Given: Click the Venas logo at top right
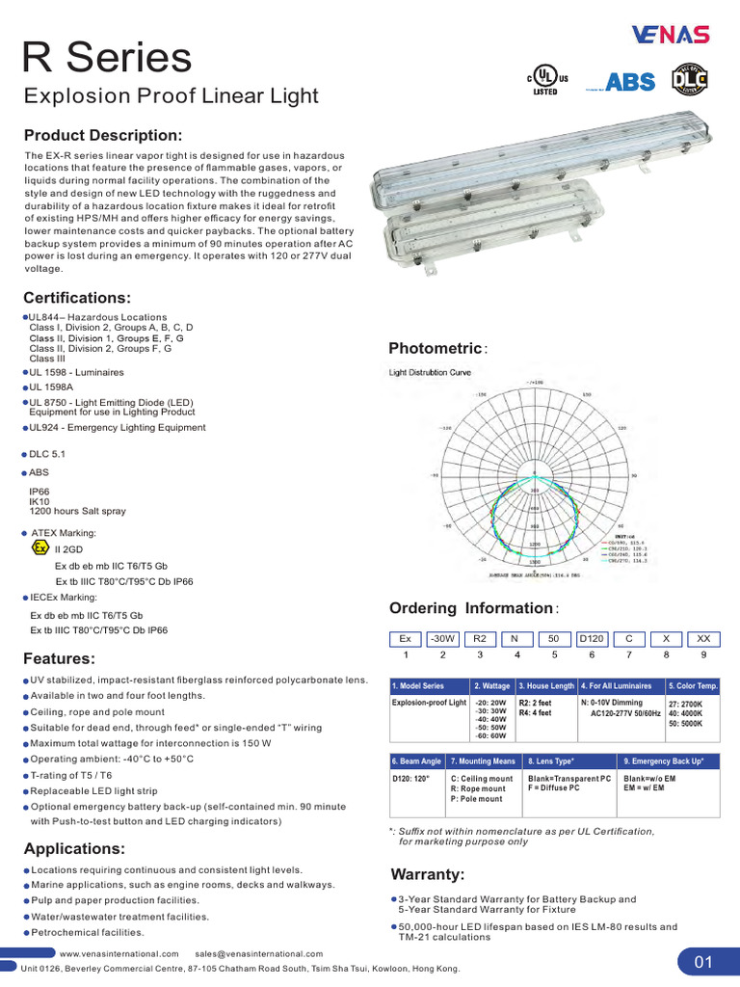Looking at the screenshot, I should [x=671, y=36].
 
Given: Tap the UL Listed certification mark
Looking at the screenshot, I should [x=546, y=81].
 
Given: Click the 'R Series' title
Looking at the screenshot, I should [x=107, y=59].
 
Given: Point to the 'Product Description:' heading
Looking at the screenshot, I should [x=102, y=135].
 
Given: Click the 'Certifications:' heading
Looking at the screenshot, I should [x=77, y=297].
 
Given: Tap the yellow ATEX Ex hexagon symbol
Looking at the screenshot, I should [x=40, y=547].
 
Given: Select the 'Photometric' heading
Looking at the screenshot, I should [x=435, y=348].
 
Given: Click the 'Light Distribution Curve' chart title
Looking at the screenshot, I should [x=430, y=372].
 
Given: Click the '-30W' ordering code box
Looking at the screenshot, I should [x=443, y=638].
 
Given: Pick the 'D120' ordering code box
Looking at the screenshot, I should [x=592, y=638].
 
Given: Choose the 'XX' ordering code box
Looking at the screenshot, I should [x=703, y=638].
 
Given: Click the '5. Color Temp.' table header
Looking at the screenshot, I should [x=693, y=685].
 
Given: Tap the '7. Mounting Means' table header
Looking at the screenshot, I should [x=482, y=760].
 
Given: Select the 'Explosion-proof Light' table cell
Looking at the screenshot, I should [x=429, y=704].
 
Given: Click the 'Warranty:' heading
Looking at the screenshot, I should [x=428, y=874].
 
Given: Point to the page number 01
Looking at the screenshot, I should [x=701, y=961].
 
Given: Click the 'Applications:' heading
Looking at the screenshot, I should [x=75, y=849].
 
